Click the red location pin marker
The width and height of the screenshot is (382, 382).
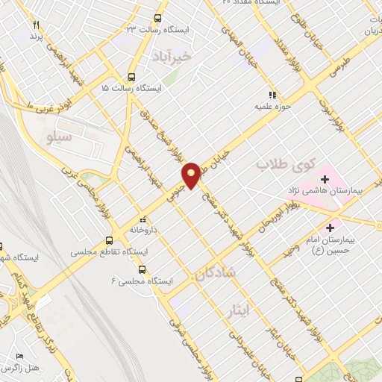[x=192, y=175]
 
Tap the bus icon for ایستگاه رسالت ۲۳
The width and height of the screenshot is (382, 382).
[x=157, y=19]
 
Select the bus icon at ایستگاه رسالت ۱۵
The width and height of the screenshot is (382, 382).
[x=132, y=77]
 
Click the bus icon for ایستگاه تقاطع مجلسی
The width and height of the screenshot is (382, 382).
[x=110, y=240]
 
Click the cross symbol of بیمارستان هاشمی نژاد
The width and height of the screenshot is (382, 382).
[x=325, y=179]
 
